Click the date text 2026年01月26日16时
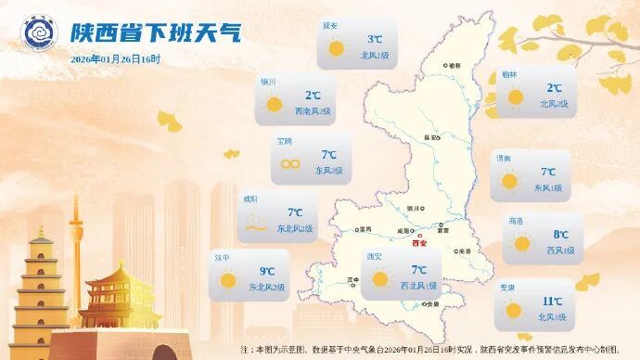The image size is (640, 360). pyautogui.click(x=115, y=59)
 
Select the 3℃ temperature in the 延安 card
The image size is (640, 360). pyautogui.click(x=375, y=39)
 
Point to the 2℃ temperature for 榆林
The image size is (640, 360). pyautogui.click(x=554, y=88)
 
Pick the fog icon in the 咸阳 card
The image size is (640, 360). pyautogui.click(x=254, y=223)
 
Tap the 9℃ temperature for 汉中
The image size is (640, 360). pyautogui.click(x=267, y=271)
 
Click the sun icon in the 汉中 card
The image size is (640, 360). pyautogui.click(x=228, y=279)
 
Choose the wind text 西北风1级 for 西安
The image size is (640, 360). pyautogui.click(x=419, y=287)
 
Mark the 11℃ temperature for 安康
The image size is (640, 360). pyautogui.click(x=553, y=302)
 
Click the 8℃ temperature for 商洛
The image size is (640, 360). pyautogui.click(x=560, y=235)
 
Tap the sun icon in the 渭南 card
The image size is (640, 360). pyautogui.click(x=509, y=181)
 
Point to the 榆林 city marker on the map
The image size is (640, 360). pyautogui.click(x=444, y=66)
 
